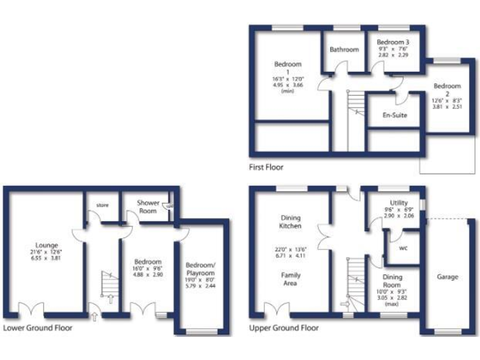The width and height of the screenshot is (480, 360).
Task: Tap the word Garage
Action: (447, 277)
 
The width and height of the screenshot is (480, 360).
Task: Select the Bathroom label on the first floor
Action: (344, 49)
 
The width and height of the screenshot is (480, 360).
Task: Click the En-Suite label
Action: (394, 116)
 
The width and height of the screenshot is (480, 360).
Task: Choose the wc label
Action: (402, 247)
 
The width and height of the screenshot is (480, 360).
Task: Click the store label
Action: (102, 204)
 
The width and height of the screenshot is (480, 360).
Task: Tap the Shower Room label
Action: (148, 207)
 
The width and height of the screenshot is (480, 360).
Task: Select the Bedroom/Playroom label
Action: (201, 269)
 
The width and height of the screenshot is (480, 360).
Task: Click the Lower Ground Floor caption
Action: (37, 327)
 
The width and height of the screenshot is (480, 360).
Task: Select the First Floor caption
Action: (266, 167)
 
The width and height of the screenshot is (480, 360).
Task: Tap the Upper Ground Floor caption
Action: (284, 327)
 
